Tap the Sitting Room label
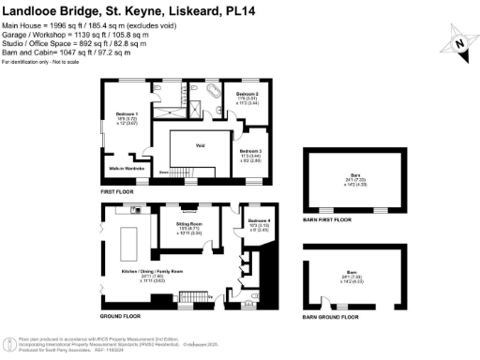[189, 224]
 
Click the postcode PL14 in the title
[315, 11]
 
